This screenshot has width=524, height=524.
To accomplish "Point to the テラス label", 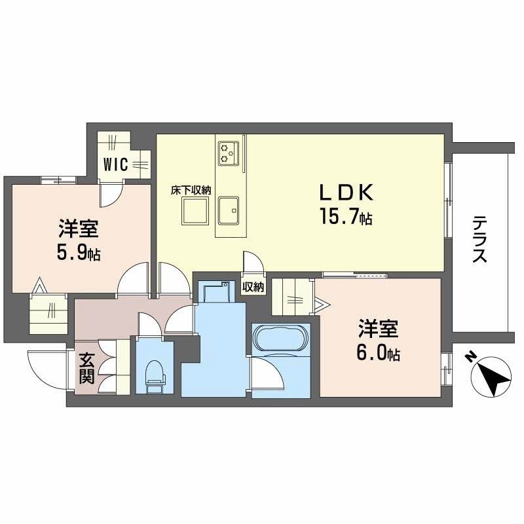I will (480, 240).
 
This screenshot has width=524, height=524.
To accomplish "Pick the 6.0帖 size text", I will (379, 354).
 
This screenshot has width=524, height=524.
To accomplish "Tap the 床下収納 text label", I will (191, 191).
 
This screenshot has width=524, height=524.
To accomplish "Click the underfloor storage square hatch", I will (195, 212).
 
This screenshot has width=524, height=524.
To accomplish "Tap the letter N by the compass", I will (470, 357).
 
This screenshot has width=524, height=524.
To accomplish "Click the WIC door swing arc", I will (109, 195).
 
